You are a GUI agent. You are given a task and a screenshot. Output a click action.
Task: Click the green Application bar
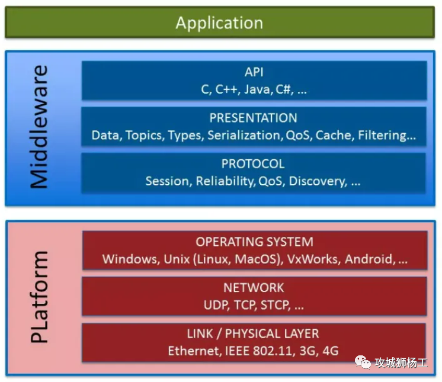219,23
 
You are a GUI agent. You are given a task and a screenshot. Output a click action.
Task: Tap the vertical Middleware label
39,127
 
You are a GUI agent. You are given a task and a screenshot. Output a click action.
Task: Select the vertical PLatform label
39,297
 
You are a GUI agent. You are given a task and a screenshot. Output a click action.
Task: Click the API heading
254,72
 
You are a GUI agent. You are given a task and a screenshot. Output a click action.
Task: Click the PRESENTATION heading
254,118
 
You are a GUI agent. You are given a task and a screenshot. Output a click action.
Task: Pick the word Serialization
243,136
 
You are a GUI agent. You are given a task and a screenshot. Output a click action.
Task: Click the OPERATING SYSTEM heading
254,242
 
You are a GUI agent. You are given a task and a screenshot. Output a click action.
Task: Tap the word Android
370,259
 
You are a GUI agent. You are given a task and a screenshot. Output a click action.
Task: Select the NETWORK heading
254,288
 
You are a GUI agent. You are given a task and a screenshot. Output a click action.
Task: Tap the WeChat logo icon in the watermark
362,361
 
